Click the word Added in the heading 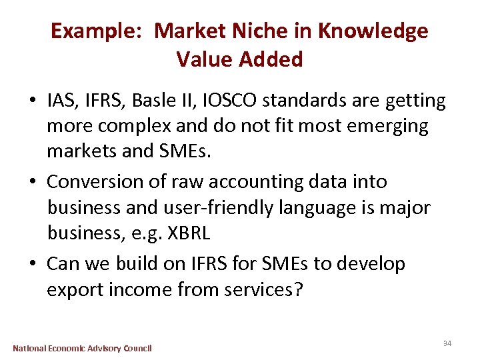point(271,60)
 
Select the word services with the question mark point(261,291)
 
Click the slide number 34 point(447,343)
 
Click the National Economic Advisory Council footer point(83,348)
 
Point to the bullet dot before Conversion point(33,183)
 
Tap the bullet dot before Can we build point(33,264)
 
